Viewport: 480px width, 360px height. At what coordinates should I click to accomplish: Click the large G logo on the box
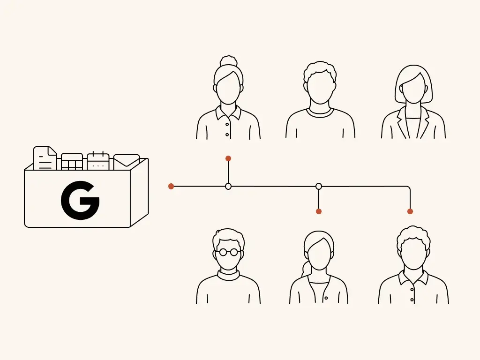80,200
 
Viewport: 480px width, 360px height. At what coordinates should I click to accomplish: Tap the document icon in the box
45,158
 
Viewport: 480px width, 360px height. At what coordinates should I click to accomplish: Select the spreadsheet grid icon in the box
72,162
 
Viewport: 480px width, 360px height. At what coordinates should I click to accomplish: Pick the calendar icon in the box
98,161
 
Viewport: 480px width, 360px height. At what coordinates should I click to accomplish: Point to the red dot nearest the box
171,186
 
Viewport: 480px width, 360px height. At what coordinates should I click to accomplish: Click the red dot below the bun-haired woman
228,158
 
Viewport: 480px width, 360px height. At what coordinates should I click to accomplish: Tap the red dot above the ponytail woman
319,211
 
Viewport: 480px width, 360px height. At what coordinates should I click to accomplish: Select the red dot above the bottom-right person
410,211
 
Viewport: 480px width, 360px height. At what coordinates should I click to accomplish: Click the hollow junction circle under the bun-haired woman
228,186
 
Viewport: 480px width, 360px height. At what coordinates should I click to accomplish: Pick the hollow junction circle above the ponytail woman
319,186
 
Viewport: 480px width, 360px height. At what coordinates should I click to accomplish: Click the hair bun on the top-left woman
229,61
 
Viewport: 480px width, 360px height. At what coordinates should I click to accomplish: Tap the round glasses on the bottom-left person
228,252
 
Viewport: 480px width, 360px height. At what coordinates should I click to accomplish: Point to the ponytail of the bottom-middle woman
306,270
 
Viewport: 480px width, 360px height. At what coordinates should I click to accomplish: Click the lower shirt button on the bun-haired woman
227,135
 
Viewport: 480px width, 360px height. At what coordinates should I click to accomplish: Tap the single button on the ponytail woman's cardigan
326,298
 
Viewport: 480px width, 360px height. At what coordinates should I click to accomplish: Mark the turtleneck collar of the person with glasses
228,274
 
